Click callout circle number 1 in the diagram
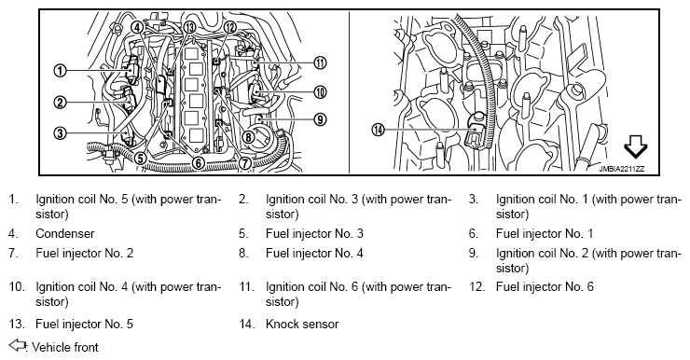point(60,71)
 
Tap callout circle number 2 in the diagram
point(60,103)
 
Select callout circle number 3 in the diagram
point(60,132)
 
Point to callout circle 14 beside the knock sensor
point(378,130)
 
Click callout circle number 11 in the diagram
point(321,62)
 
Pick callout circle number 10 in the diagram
point(321,92)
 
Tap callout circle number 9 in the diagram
point(321,118)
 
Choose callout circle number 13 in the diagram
point(189,27)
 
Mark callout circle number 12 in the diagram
point(229,27)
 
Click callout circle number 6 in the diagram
point(199,163)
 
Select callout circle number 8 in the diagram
point(248,137)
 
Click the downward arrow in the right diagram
point(636,146)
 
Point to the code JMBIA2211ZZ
point(621,169)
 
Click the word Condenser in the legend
point(65,233)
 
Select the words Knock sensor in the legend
point(302,325)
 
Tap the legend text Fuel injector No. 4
point(314,253)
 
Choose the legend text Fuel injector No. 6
point(545,287)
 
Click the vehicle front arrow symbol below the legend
point(18,345)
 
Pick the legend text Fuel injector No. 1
point(545,233)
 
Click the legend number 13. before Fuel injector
point(16,325)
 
